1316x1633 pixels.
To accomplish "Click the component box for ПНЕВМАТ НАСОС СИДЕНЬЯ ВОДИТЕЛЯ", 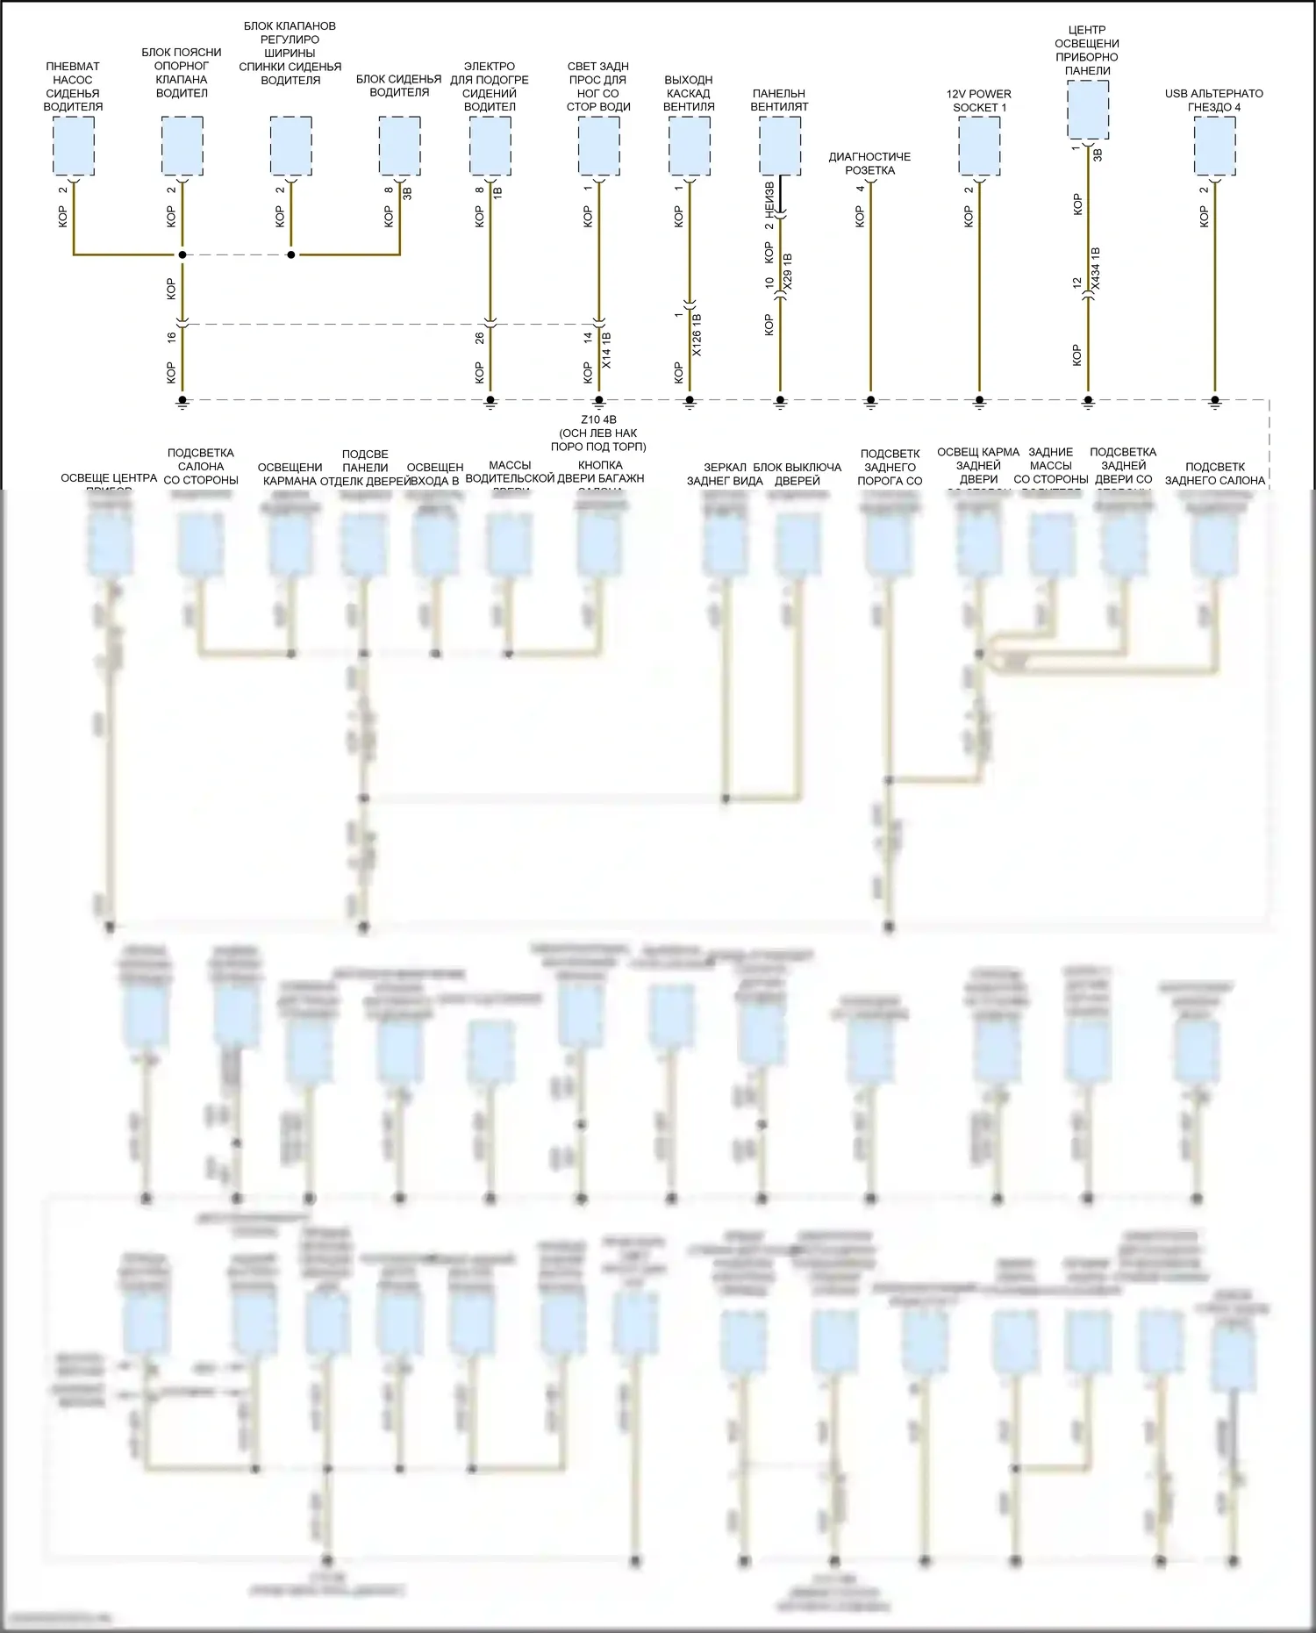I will pos(73,146).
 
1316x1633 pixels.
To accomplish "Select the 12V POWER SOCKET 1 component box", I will pos(979,146).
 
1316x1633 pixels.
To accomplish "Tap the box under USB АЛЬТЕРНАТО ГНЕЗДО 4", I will pos(1214,146).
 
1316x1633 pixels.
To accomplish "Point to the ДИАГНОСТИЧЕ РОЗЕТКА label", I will pos(869,163).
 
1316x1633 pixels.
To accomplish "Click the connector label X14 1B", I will pos(606,350).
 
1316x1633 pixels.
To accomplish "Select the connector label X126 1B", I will pos(697,334).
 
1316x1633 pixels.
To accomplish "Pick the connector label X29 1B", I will pos(787,272).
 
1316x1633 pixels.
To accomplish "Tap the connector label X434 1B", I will pos(1095,269).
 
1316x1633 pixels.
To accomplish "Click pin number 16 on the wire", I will pos(172,336).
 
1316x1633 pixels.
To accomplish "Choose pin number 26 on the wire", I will pos(480,338).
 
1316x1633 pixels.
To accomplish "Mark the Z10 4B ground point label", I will pos(598,419).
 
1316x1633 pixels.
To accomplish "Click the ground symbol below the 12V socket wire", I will pos(979,402).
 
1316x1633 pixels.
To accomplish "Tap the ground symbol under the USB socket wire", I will pos(1214,402).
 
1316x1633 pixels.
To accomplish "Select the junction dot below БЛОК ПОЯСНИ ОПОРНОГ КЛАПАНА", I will pos(182,254).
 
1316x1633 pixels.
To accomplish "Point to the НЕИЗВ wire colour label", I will pos(769,199).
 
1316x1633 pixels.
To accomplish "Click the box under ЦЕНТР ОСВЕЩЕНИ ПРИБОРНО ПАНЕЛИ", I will pos(1088,110).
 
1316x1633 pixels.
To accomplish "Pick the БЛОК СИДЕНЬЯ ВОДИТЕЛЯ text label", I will pos(399,86).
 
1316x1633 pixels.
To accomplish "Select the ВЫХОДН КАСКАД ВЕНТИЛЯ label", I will pos(689,93).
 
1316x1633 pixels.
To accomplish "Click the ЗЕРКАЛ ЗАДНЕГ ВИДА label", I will pos(725,474).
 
